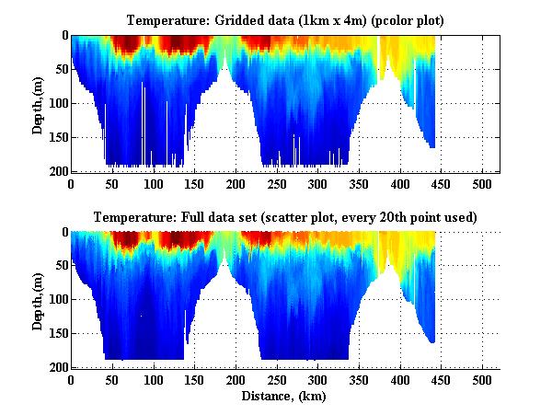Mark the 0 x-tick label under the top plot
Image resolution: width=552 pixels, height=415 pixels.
click(x=72, y=183)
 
